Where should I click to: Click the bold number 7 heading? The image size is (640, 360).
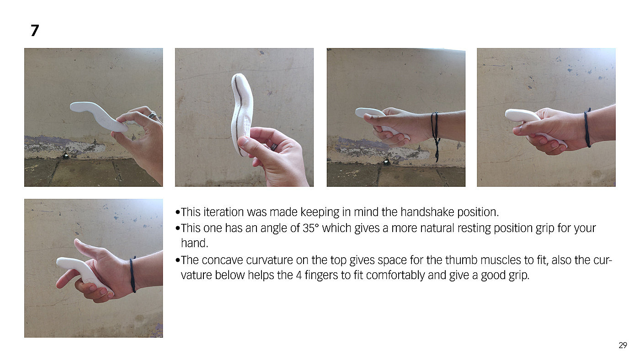[35, 30]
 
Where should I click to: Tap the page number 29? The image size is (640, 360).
[623, 345]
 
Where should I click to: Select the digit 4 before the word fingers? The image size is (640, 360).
[299, 275]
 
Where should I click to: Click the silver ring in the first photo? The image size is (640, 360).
[152, 115]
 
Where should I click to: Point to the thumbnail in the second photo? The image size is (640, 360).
[243, 141]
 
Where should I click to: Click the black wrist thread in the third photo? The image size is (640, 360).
[435, 134]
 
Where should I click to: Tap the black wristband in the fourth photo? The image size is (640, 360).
[587, 128]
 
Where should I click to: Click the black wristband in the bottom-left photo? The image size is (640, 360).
[133, 275]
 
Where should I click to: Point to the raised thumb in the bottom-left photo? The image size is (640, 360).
[86, 247]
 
